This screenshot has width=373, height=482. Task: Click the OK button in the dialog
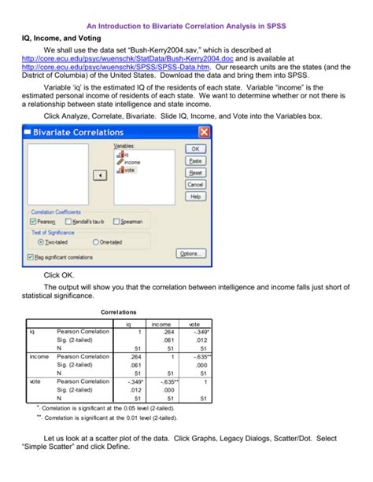point(195,148)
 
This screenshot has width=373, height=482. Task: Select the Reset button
point(195,172)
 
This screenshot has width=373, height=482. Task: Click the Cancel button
point(195,184)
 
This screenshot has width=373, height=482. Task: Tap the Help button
point(195,196)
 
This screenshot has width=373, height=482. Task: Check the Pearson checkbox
point(33,222)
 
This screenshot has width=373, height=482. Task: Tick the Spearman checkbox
point(120,222)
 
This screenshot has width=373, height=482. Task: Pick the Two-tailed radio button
point(33,242)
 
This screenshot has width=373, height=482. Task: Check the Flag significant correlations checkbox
point(32,256)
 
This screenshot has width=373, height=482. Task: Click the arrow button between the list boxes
point(99,175)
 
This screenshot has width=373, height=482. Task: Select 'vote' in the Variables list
point(129,170)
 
